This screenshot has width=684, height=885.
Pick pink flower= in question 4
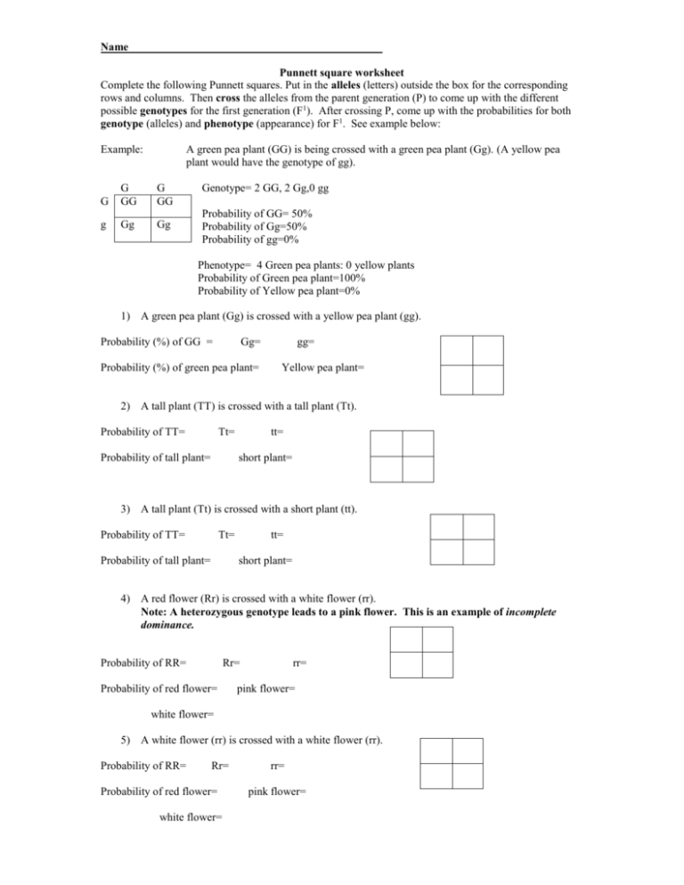265,688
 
